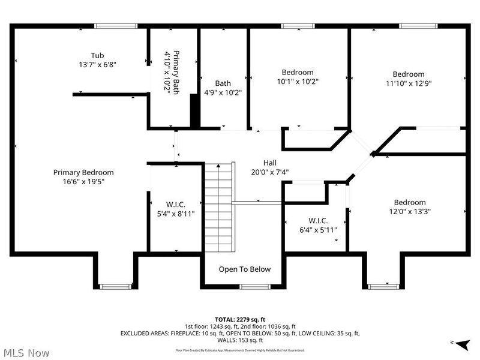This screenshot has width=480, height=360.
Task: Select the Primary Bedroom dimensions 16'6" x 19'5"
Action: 83,182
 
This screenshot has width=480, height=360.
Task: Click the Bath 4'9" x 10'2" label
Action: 223,88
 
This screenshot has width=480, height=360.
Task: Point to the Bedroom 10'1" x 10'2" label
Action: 298,77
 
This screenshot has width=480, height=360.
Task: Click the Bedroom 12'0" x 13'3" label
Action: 409,206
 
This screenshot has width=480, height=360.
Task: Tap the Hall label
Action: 270,167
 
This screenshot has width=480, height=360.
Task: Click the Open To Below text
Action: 244,269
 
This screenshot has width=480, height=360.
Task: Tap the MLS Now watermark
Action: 28,353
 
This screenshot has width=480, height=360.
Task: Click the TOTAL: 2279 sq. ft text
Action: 240,319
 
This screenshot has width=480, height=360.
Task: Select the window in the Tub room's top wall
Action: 112,26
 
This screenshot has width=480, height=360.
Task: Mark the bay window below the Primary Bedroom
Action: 114,287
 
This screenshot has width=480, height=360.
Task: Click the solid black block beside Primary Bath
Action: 194,110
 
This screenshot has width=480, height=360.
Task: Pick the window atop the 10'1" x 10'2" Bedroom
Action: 298,26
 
